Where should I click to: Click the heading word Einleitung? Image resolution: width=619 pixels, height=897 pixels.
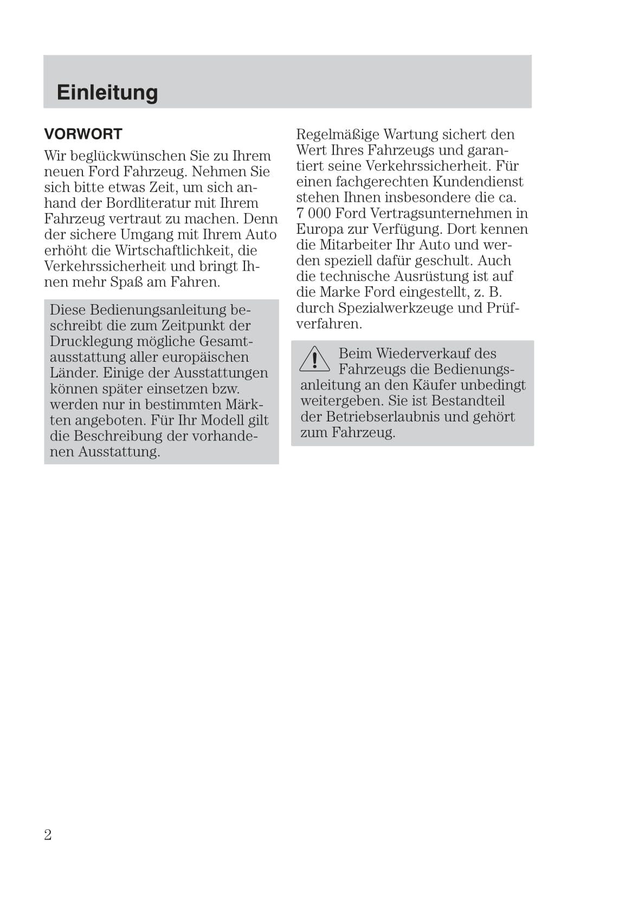click(x=107, y=92)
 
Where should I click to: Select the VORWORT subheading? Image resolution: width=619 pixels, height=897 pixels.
click(x=83, y=134)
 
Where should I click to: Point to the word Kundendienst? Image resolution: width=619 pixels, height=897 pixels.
click(x=478, y=181)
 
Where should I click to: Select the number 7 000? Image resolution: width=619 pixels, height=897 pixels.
click(x=313, y=213)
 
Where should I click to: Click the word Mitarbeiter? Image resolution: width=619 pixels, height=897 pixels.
click(x=355, y=245)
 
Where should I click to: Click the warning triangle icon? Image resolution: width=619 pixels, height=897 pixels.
click(x=314, y=360)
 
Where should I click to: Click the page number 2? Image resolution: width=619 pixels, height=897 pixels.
click(x=48, y=834)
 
